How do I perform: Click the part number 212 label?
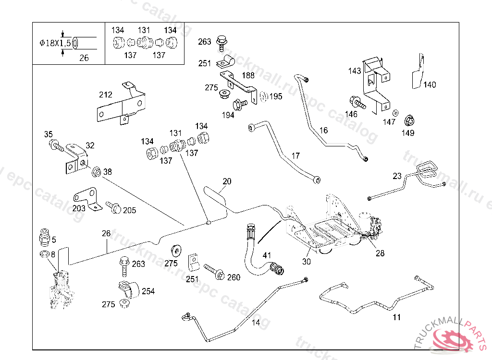pyautogui.click(x=105, y=95)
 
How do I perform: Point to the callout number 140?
pyautogui.click(x=430, y=85)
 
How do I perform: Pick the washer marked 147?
pyautogui.click(x=395, y=113)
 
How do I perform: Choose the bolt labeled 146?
pyautogui.click(x=357, y=103)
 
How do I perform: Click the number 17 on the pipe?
pyautogui.click(x=295, y=156)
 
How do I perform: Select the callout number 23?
pyautogui.click(x=397, y=176)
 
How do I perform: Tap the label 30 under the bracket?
pyautogui.click(x=307, y=262)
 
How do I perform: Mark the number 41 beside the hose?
pyautogui.click(x=267, y=255)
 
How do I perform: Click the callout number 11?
pyautogui.click(x=396, y=317)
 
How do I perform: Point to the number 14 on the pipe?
pyautogui.click(x=256, y=323)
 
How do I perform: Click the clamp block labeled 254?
pyautogui.click(x=128, y=289)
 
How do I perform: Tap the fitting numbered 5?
pyautogui.click(x=43, y=237)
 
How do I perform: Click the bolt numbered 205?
pyautogui.click(x=114, y=207)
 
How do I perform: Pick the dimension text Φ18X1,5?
pyautogui.click(x=55, y=43)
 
